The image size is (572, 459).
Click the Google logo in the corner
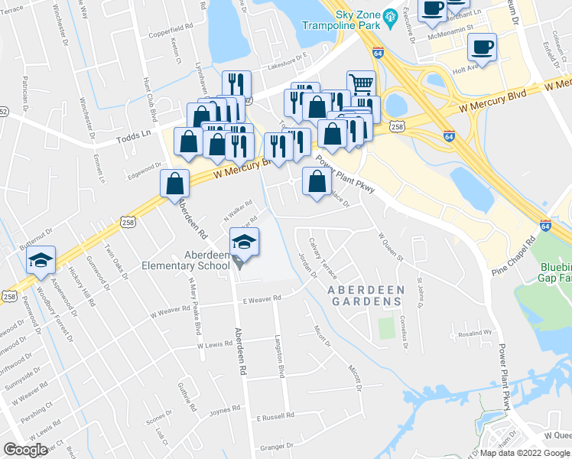(x=25, y=450)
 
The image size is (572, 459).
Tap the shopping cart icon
(x=361, y=84)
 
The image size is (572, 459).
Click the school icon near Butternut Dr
(x=41, y=261)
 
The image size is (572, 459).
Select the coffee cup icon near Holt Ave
(x=482, y=47)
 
